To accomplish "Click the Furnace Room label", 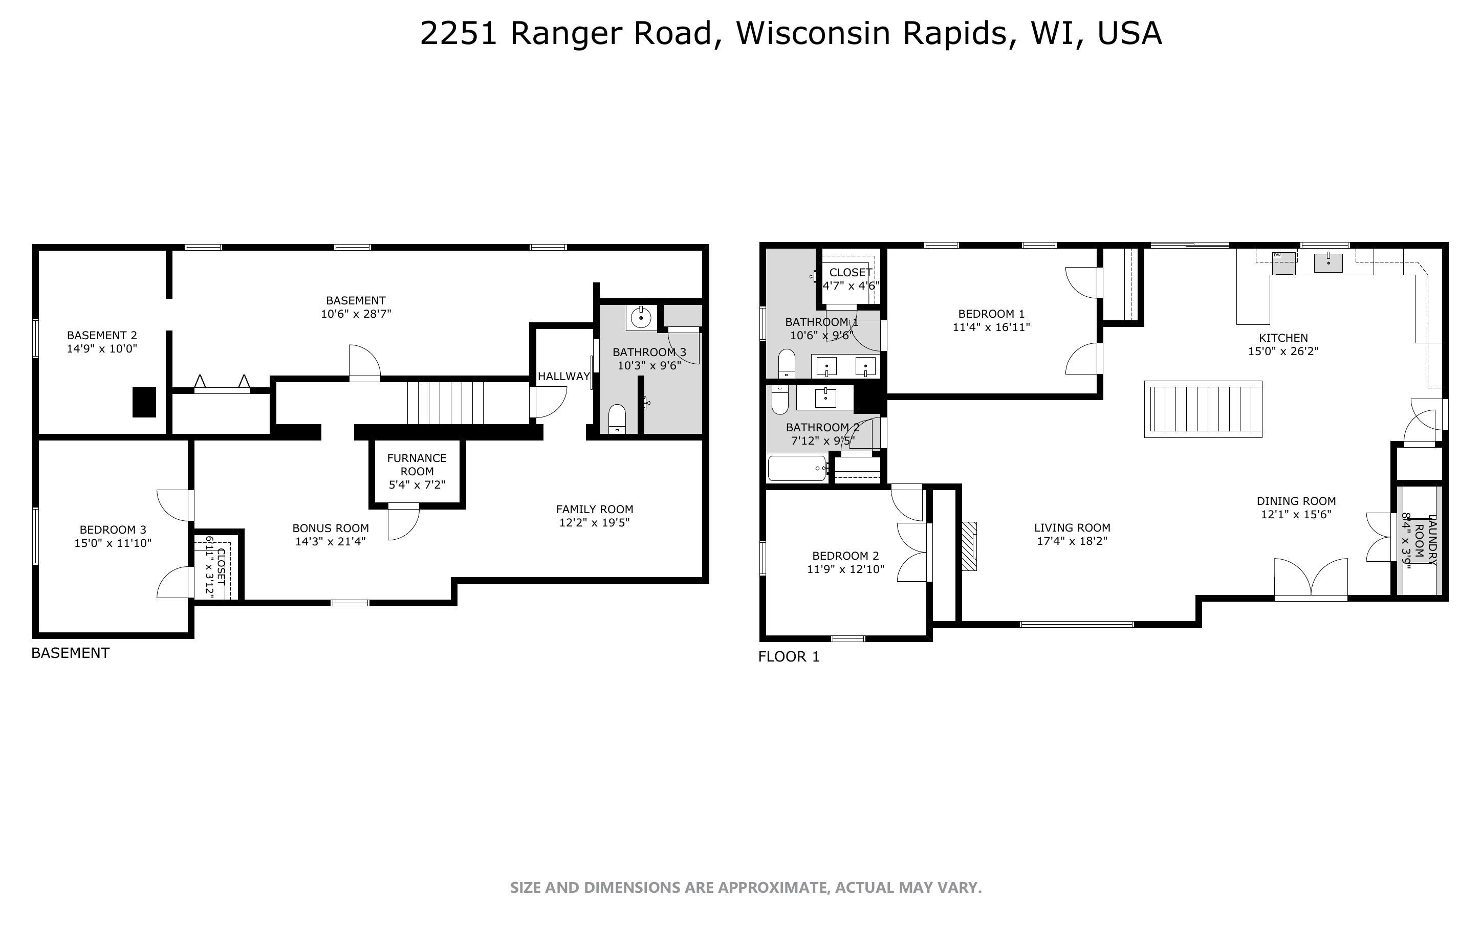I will [417, 471].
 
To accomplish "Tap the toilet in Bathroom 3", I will [617, 419].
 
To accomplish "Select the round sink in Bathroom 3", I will [641, 318].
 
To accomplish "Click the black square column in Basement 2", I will [144, 402].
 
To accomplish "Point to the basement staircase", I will [445, 402].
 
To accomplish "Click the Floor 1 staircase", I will [1203, 409].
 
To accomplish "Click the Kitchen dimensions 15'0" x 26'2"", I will [1283, 351].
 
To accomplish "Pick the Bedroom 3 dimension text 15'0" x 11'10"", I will [113, 543].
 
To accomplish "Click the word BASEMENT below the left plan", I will [70, 653].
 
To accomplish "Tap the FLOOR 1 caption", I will [789, 656].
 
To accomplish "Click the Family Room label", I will [594, 509].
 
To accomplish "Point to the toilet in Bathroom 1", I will [786, 363].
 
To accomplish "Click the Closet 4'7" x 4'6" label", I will [851, 279].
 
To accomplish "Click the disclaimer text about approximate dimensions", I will [745, 887].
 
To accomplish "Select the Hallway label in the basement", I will [563, 376].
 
